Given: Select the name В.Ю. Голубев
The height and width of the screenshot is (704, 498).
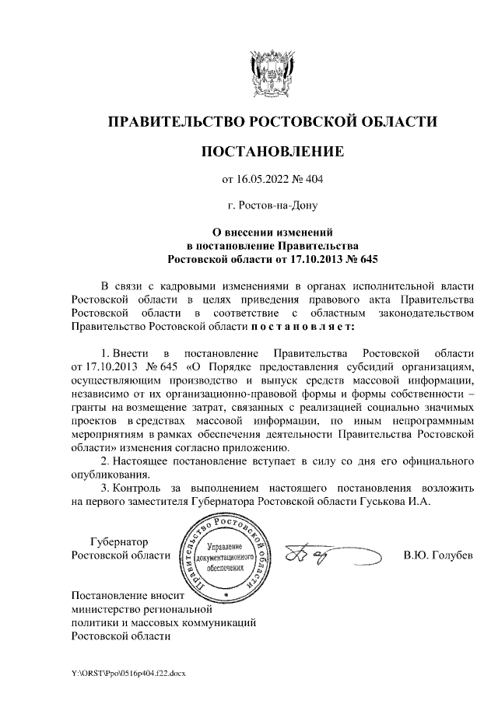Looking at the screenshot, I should click(x=437, y=555).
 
